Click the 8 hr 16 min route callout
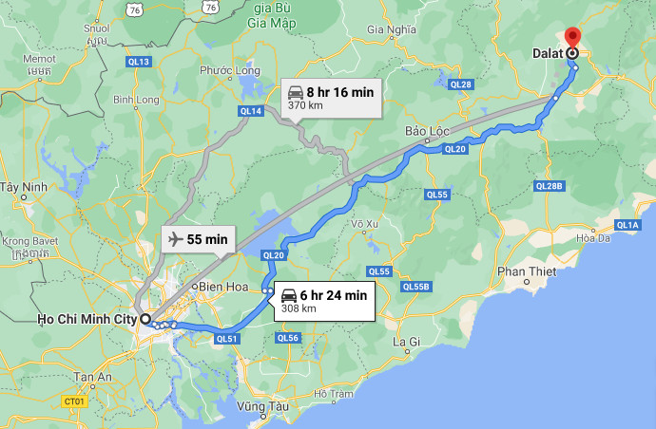click(332, 98)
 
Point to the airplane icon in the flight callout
click(175, 240)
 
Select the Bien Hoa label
click(220, 286)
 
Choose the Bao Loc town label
click(426, 130)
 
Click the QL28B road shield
click(550, 186)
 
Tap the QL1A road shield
click(627, 225)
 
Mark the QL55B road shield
click(416, 287)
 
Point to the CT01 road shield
click(75, 401)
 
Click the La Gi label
click(406, 341)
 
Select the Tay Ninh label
click(24, 186)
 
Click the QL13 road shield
click(139, 62)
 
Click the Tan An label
click(94, 377)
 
